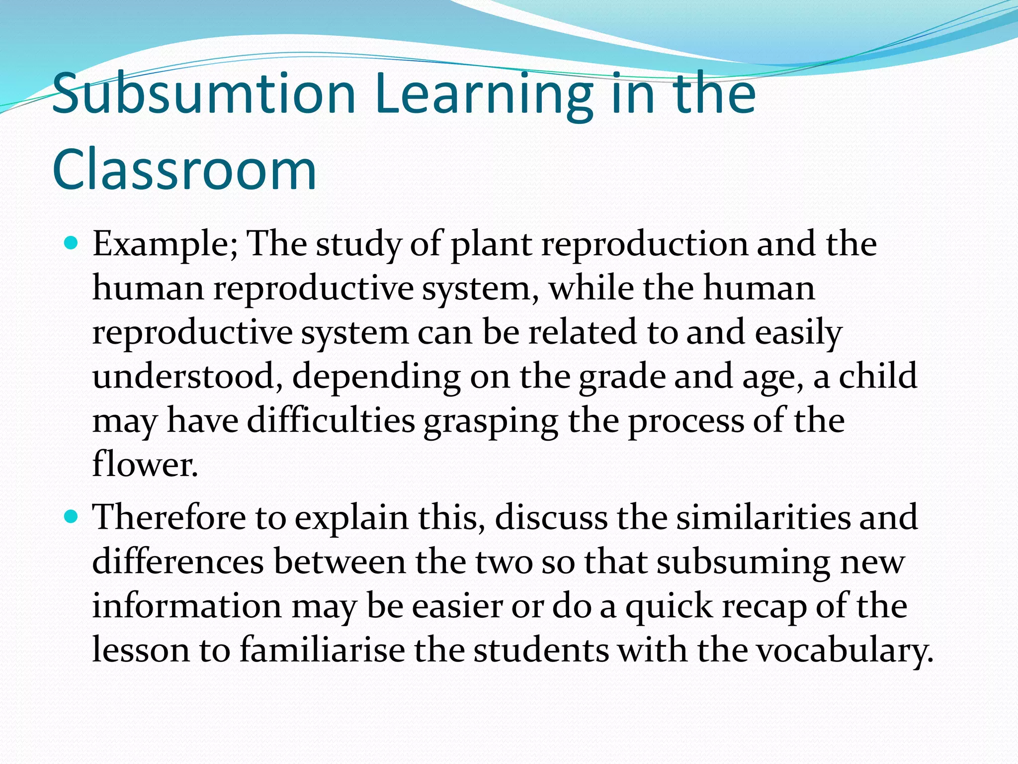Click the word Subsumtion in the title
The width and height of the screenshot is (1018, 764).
[x=204, y=94]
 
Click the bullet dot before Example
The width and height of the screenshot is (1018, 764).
[x=72, y=244]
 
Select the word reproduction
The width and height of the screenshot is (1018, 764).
[x=644, y=245]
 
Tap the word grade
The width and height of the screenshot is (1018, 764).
[x=622, y=377]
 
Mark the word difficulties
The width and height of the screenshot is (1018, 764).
[x=331, y=421]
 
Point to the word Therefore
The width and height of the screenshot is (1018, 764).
[x=169, y=517]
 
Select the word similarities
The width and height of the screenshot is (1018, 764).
[x=763, y=517]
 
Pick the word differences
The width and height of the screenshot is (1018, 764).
[x=178, y=562]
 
